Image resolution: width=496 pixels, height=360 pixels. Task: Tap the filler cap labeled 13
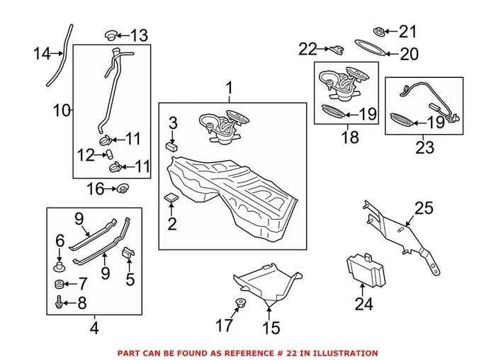(x=110, y=34)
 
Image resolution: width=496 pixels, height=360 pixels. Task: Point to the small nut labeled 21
(x=380, y=31)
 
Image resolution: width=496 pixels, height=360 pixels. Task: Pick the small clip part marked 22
(x=335, y=49)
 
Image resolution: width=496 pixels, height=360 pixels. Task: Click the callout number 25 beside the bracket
(x=423, y=208)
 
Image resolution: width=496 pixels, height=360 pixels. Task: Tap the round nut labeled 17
(x=239, y=304)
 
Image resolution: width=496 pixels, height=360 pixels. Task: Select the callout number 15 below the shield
(x=271, y=328)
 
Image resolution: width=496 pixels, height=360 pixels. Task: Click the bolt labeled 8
(x=59, y=303)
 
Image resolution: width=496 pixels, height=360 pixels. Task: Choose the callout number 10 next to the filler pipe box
(x=62, y=110)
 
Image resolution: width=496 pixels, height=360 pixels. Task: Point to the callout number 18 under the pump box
(x=350, y=137)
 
